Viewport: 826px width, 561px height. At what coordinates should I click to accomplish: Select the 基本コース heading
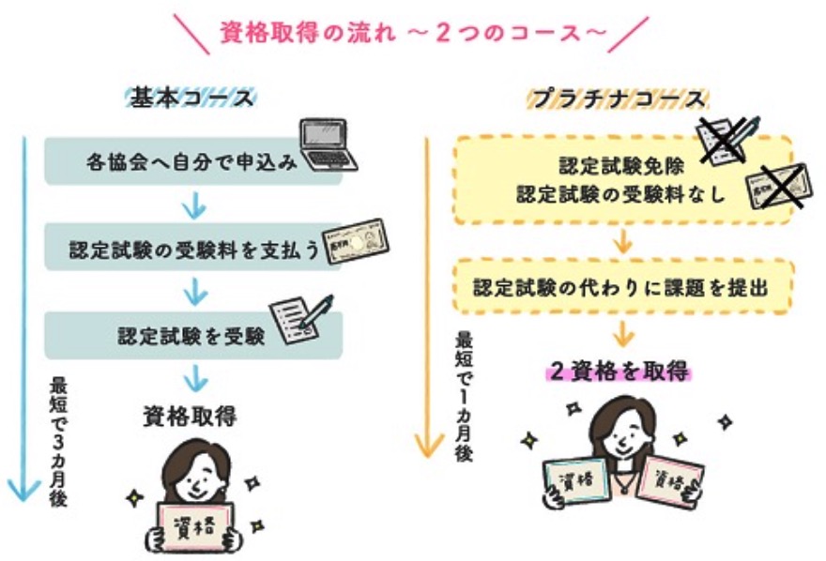pos(193,97)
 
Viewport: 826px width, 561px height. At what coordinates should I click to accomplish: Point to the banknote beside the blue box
pos(356,242)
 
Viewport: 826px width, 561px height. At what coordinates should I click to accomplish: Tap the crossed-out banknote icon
pos(775,189)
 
